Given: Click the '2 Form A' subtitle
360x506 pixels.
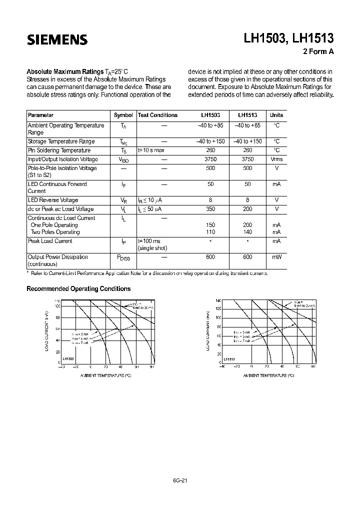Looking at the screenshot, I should pyautogui.click(x=318, y=51).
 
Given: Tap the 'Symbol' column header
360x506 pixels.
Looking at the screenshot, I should pyautogui.click(x=123, y=115).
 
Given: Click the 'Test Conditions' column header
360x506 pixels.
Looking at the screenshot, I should pyautogui.click(x=157, y=115).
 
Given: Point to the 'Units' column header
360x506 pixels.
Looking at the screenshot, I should pyautogui.click(x=276, y=115).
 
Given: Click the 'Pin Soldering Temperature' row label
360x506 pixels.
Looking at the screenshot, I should pyautogui.click(x=59, y=150).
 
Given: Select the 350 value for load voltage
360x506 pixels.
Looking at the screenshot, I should pyautogui.click(x=210, y=209).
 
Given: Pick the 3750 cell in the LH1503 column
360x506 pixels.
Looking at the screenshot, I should pyautogui.click(x=210, y=159).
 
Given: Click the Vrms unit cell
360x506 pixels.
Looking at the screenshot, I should pyautogui.click(x=276, y=159).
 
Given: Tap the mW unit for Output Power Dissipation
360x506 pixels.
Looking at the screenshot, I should pyautogui.click(x=276, y=257).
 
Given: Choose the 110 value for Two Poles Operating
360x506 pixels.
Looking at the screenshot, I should pyautogui.click(x=210, y=232).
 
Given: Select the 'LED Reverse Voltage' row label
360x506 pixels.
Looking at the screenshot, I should pyautogui.click(x=53, y=200).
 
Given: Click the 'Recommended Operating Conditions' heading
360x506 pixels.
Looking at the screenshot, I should pyautogui.click(x=78, y=289).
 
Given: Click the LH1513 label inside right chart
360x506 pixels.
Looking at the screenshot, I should pyautogui.click(x=229, y=359).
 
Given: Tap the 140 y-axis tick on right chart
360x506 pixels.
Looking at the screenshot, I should pyautogui.click(x=218, y=300).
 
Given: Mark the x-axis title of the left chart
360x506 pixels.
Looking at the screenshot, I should pyautogui.click(x=105, y=375).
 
